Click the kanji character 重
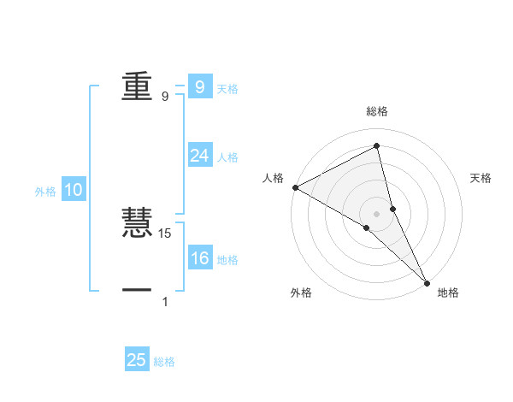(137, 86)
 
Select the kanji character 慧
(137, 223)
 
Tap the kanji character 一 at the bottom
(137, 291)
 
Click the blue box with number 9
(199, 87)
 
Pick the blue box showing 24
(199, 156)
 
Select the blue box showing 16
(199, 258)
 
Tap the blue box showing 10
(73, 190)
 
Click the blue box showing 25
(137, 360)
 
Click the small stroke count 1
(165, 301)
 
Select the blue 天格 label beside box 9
(227, 89)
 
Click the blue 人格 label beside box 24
(227, 157)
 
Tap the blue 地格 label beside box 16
(227, 260)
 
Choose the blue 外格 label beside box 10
(45, 192)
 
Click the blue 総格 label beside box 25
(164, 362)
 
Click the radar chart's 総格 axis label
(376, 111)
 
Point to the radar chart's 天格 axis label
(481, 178)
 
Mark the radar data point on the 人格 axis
(295, 186)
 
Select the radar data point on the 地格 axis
(427, 282)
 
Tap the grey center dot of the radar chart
(376, 213)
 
